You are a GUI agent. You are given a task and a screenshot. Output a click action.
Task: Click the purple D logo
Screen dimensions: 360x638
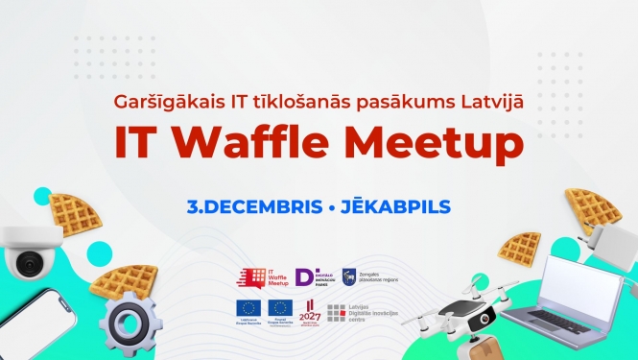click(306, 276)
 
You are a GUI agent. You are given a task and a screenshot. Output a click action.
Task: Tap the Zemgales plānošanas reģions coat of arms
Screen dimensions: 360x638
click(350, 276)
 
